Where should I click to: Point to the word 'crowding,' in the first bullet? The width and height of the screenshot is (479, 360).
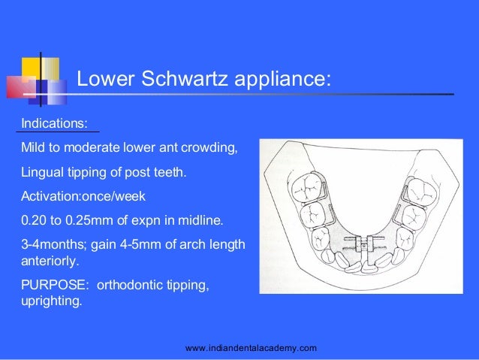tap(212, 148)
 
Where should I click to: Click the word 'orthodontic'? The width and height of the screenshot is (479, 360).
tap(131, 287)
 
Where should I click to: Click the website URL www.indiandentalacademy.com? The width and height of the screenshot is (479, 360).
tap(251, 348)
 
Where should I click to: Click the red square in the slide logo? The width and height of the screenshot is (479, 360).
tap(19, 87)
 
